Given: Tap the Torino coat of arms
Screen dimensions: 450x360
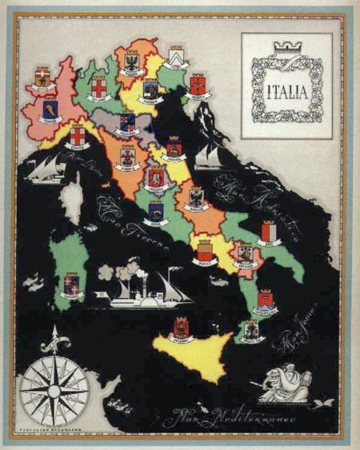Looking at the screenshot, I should pyautogui.click(x=50, y=108).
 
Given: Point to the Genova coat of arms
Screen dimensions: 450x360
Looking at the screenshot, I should pyautogui.click(x=77, y=134).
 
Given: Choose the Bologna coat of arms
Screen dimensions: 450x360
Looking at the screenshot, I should pyautogui.click(x=126, y=122).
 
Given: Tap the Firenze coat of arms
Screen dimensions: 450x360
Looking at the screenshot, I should pyautogui.click(x=127, y=155).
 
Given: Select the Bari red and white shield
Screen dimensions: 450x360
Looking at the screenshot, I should pyautogui.click(x=269, y=232).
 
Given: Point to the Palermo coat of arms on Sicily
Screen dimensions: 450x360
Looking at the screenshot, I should pyautogui.click(x=182, y=327).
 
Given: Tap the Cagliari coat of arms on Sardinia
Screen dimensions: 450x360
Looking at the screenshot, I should pyautogui.click(x=72, y=284).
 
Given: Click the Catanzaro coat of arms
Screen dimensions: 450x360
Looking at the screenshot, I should pyautogui.click(x=265, y=301).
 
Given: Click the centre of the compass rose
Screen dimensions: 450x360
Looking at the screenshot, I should pyautogui.click(x=55, y=391).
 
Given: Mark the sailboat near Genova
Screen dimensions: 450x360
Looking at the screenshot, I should pyautogui.click(x=46, y=169).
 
